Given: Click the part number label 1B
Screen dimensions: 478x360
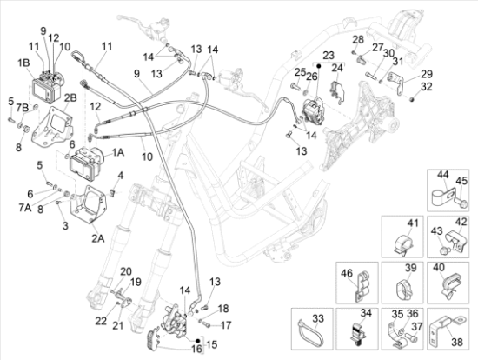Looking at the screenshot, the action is [x=23, y=63].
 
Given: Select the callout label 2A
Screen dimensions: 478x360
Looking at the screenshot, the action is [x=98, y=238].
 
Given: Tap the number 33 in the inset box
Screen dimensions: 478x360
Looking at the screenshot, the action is [x=318, y=319].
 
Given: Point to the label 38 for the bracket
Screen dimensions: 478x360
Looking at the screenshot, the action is [x=456, y=342].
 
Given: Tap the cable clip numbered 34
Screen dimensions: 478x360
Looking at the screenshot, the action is [x=357, y=334].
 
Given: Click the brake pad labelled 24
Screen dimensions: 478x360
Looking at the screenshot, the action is [x=337, y=90].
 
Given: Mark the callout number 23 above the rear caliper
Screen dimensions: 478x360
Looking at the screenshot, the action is [x=329, y=56].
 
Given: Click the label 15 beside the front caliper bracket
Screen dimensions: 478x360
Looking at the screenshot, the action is [x=212, y=344].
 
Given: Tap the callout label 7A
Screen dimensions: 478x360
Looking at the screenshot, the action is [x=25, y=208].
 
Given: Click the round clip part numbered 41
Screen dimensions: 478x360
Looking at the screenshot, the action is [x=402, y=245].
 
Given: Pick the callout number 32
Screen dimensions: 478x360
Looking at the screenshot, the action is [x=427, y=87].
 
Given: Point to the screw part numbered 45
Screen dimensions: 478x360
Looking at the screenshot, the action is [x=461, y=203].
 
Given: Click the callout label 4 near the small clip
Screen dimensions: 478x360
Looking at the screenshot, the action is [x=121, y=176].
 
